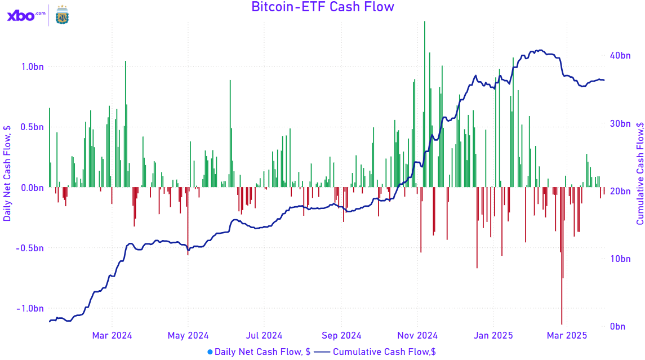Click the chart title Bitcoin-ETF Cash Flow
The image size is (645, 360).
(322, 7)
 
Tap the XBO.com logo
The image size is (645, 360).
(26, 16)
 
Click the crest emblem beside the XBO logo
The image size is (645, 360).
(61, 16)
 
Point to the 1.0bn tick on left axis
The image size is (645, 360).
(32, 66)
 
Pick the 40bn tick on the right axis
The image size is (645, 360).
(620, 56)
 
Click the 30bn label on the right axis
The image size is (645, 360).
(620, 124)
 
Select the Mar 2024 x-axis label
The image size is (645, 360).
(112, 336)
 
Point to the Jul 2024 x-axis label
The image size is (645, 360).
(264, 336)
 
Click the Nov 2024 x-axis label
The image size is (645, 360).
(417, 336)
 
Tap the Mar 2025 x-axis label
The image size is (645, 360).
(567, 336)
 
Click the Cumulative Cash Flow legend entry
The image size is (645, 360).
(375, 352)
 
